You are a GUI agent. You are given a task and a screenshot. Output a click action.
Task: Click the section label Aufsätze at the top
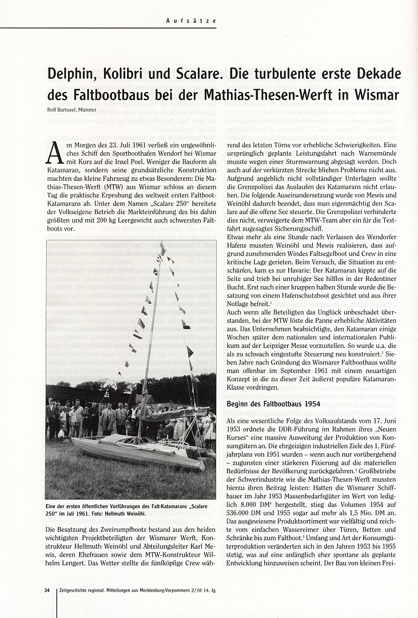(191, 21)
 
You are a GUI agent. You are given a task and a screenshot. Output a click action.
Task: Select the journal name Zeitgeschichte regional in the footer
(88, 590)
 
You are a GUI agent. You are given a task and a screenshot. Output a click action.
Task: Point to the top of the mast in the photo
(162, 247)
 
